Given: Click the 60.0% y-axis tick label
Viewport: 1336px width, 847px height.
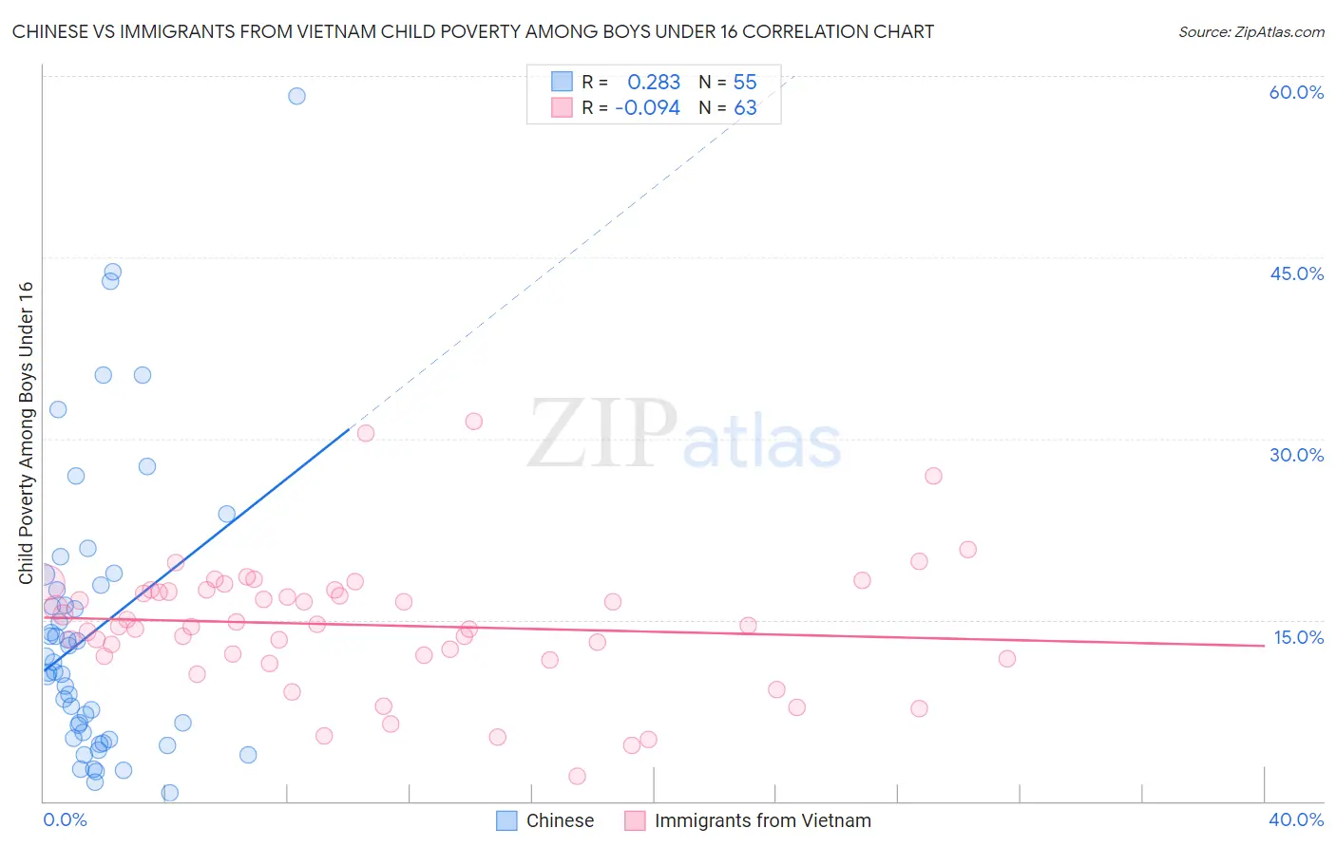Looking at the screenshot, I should coord(1296,92).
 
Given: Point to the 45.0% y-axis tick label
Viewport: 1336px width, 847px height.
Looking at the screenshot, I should coord(1296,273).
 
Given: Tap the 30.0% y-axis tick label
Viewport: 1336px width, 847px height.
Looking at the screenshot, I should coord(1296,455).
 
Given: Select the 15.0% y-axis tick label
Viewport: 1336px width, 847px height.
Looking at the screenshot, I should coord(1298,637).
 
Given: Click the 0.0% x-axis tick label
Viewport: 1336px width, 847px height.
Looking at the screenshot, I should coord(65,819).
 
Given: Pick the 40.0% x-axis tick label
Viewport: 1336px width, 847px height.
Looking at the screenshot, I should coord(1296,819).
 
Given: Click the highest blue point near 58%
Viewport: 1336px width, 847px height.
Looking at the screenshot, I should coord(296,96).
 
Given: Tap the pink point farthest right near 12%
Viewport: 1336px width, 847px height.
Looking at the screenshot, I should coord(1007,659).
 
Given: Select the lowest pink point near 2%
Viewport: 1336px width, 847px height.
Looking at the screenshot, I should coord(577,777).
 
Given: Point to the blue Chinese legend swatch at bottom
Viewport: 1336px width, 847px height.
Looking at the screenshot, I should coord(507,820).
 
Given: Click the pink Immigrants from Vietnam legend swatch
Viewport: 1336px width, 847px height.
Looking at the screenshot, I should coord(635,820).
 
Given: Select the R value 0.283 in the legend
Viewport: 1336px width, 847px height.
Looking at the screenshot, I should coord(654,82).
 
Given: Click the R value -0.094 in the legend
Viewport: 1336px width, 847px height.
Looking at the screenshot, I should coord(648,108).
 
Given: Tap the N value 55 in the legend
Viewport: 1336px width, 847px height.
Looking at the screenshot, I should coord(745,82).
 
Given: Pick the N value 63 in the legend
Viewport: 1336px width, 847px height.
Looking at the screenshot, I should coord(745,108).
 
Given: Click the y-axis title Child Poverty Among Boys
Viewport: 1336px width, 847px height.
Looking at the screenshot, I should coord(26,433).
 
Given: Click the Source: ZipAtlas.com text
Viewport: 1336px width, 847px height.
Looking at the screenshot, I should coord(1250,31).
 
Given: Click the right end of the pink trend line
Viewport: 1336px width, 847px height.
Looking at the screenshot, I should coord(1264,646).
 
